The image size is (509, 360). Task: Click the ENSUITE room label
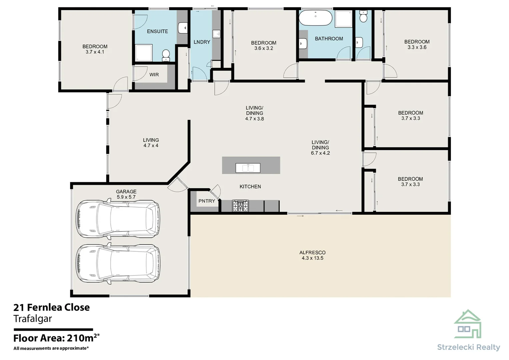point(157,31)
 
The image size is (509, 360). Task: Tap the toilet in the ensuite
point(166,55)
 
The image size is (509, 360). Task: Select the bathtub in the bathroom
point(315,18)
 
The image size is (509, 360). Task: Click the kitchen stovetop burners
point(240,206)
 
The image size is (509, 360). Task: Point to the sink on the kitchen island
point(248,168)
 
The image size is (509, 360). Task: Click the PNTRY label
point(207,201)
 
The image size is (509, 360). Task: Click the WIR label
point(154,75)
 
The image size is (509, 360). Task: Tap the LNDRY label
point(202,42)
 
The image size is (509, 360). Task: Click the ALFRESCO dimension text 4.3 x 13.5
point(312,258)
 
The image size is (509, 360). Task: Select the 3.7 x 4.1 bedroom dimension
point(95,52)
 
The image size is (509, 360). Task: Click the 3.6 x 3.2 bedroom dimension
point(264,48)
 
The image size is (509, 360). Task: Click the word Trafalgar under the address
point(33,319)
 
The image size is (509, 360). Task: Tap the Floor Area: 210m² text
point(56,338)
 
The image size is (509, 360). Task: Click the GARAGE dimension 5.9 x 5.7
point(126,197)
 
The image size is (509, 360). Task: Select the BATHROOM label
point(329,39)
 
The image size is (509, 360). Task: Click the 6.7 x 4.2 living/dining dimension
point(320,153)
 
